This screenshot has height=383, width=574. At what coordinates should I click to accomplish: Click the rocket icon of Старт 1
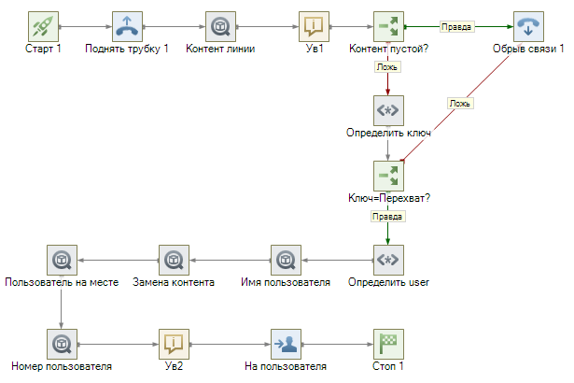[44, 25]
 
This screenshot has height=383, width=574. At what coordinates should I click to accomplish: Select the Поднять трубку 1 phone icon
[127, 25]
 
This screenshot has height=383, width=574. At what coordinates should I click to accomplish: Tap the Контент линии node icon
[220, 25]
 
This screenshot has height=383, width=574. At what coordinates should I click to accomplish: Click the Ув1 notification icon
[314, 25]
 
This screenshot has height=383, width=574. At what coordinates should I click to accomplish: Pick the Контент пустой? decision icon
[388, 25]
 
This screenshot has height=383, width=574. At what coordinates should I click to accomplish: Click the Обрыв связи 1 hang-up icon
[527, 25]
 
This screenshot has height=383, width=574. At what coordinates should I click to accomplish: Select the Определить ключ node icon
[388, 111]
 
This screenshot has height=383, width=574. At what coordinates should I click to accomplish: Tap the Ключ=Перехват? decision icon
[388, 175]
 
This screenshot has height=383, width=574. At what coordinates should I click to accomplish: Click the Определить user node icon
[388, 259]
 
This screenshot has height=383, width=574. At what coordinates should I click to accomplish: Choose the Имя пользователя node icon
[285, 259]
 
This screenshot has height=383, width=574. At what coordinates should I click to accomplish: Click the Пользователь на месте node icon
[61, 259]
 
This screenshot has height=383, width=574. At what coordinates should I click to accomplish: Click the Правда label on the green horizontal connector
[455, 27]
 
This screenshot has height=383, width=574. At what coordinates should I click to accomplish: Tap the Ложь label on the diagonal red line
[459, 103]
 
